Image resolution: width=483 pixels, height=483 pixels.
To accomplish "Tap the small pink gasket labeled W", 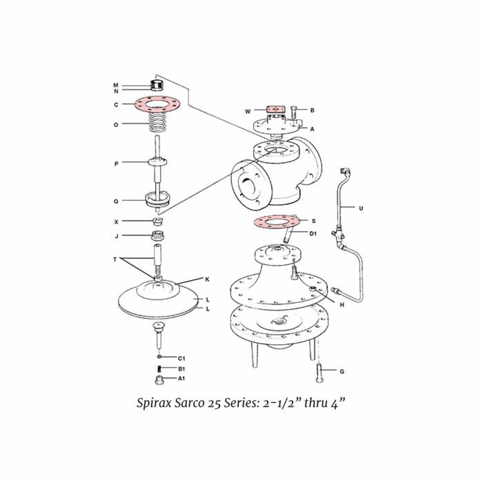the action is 276,109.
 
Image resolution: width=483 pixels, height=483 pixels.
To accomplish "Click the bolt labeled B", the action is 293,115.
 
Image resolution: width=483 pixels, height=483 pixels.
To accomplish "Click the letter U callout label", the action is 361,208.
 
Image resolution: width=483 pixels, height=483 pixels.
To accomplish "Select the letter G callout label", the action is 342,371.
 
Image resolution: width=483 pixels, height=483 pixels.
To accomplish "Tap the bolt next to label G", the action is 319,373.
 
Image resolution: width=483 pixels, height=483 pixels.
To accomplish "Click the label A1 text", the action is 181,378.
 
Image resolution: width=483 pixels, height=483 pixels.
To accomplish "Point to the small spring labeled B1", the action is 159,368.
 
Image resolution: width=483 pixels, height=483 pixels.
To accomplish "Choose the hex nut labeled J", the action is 158,236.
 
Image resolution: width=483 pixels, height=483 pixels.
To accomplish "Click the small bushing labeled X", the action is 158,221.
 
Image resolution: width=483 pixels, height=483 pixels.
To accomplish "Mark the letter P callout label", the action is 116,164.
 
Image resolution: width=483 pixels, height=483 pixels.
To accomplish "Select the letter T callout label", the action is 115,259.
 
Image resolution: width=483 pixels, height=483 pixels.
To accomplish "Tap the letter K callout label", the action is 207,279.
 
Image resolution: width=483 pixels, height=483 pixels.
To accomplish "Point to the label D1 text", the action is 313,234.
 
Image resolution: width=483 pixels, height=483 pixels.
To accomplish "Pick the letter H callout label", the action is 342,305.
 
